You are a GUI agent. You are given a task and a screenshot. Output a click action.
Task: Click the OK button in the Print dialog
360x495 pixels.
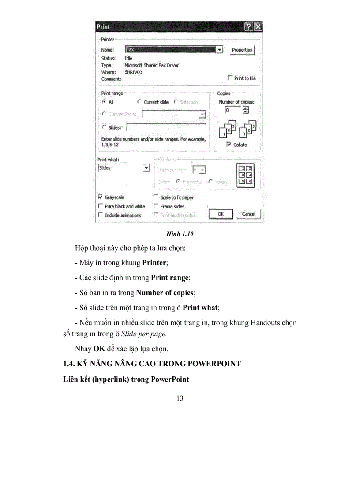pos(221,214)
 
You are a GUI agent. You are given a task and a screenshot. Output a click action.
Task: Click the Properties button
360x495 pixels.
pos(242,50)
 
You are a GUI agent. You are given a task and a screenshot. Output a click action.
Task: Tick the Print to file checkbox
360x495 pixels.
pos(229,78)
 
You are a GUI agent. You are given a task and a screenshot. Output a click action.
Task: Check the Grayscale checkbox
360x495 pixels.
pos(101,197)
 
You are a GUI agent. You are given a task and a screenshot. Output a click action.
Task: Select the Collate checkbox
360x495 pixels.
pos(229,144)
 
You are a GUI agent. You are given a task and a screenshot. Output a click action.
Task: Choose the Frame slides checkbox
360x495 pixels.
pos(156,206)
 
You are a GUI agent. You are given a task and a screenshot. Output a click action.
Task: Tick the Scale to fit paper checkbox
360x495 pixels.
pos(156,197)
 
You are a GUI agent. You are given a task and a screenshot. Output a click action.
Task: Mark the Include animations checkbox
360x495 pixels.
pos(101,215)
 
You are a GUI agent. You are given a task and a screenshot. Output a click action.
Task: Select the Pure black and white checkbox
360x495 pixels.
pos(101,206)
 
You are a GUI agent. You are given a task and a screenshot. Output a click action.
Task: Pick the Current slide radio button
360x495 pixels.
pos(139,102)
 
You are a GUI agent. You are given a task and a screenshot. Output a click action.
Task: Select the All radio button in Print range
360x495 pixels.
pos(104,102)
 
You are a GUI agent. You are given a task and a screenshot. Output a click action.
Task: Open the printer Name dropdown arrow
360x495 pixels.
pos(219,50)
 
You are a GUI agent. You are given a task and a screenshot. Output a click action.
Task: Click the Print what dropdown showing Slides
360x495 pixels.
pos(124,168)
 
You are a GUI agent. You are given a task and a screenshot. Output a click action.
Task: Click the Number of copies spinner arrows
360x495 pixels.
pos(246,110)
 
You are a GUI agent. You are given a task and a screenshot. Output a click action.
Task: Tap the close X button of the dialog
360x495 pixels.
pos(258,27)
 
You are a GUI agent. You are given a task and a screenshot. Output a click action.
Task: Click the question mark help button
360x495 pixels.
pos(249,27)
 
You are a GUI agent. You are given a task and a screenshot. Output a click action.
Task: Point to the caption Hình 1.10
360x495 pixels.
pos(180,234)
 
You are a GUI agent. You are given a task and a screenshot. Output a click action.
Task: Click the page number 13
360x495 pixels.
pos(180,398)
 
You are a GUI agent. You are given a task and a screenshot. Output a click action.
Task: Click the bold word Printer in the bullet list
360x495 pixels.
pos(154,263)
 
